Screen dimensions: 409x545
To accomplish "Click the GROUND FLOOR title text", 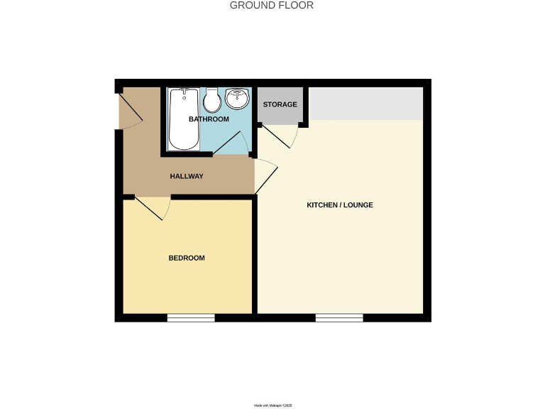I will coord(272,6).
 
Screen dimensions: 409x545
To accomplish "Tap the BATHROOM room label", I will coord(209,119).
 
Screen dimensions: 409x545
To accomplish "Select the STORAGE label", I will coord(280,105).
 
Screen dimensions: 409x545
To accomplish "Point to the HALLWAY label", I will coord(187,176).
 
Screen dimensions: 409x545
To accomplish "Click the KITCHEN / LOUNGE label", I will coord(339,205).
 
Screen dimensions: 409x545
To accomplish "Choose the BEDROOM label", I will coord(187,258).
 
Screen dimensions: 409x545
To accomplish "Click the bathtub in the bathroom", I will coord(184,119).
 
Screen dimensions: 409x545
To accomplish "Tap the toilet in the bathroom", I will coord(211,101).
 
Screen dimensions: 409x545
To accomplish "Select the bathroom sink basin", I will coord(237,99).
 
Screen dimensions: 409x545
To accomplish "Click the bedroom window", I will coord(191,318).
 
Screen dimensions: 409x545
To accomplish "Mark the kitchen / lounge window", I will coord(339,318).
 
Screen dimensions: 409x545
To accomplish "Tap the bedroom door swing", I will coord(153,208).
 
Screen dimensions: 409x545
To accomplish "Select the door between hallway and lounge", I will coord(265,176).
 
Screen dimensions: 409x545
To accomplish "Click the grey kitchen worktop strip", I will coord(366,104).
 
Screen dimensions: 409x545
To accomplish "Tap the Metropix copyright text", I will coord(272,405).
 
